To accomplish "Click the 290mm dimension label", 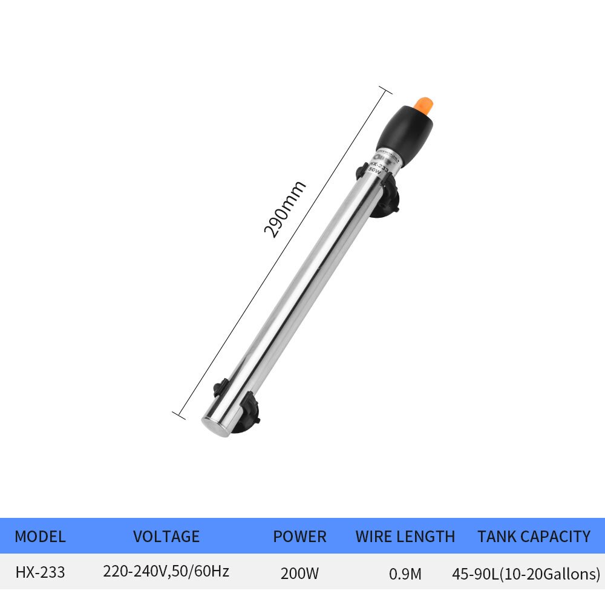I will (284, 209).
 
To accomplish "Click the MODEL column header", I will (40, 537).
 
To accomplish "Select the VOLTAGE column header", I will (166, 537).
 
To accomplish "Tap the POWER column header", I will (299, 537).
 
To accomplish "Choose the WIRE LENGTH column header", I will (405, 537).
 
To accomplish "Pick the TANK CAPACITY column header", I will (534, 537).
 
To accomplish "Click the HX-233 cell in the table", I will (40, 572).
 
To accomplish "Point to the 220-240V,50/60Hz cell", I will (166, 571).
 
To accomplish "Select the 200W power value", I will (299, 572).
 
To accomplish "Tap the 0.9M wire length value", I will (405, 572).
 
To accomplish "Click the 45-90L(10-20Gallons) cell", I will (526, 572).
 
